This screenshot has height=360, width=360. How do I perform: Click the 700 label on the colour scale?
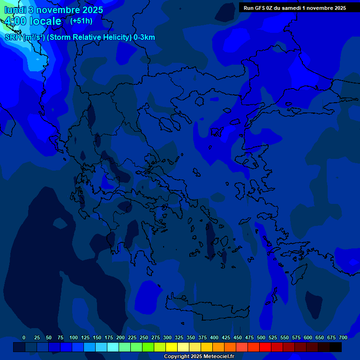coord(343,337)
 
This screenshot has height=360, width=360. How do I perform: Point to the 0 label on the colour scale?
coord(24,337)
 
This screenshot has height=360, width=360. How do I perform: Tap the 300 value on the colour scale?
coord(167,337)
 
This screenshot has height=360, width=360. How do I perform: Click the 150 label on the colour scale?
coord(97,337)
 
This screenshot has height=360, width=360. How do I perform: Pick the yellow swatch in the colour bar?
coord(172,347)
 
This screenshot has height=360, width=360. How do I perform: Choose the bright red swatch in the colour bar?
coord(265,347)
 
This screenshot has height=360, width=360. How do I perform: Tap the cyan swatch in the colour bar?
coord(113,347)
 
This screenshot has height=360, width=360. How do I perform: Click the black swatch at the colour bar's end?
coord(336,347)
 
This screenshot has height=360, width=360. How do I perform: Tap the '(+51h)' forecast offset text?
coord(81,21)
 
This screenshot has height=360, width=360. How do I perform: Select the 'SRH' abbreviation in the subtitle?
coord(13,37)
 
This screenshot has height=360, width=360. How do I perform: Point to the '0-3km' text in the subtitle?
coord(144,37)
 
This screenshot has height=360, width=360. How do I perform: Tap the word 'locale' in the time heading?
coord(45,21)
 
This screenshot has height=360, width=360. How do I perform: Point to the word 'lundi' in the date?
coord(15,10)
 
